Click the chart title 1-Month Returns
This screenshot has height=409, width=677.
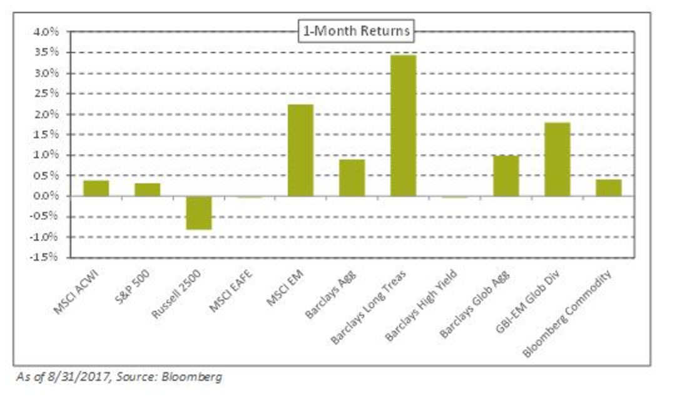355,30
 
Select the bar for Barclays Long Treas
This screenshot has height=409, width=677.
403,125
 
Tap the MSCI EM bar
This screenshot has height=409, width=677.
300,150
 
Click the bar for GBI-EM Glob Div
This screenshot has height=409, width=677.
557,159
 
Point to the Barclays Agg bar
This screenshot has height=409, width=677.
352,178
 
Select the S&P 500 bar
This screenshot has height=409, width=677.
147,189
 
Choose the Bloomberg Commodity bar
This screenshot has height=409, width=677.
608,188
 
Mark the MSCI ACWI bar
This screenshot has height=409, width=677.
96,188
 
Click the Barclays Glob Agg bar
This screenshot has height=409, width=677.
506,176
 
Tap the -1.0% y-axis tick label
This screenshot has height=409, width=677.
46,237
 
